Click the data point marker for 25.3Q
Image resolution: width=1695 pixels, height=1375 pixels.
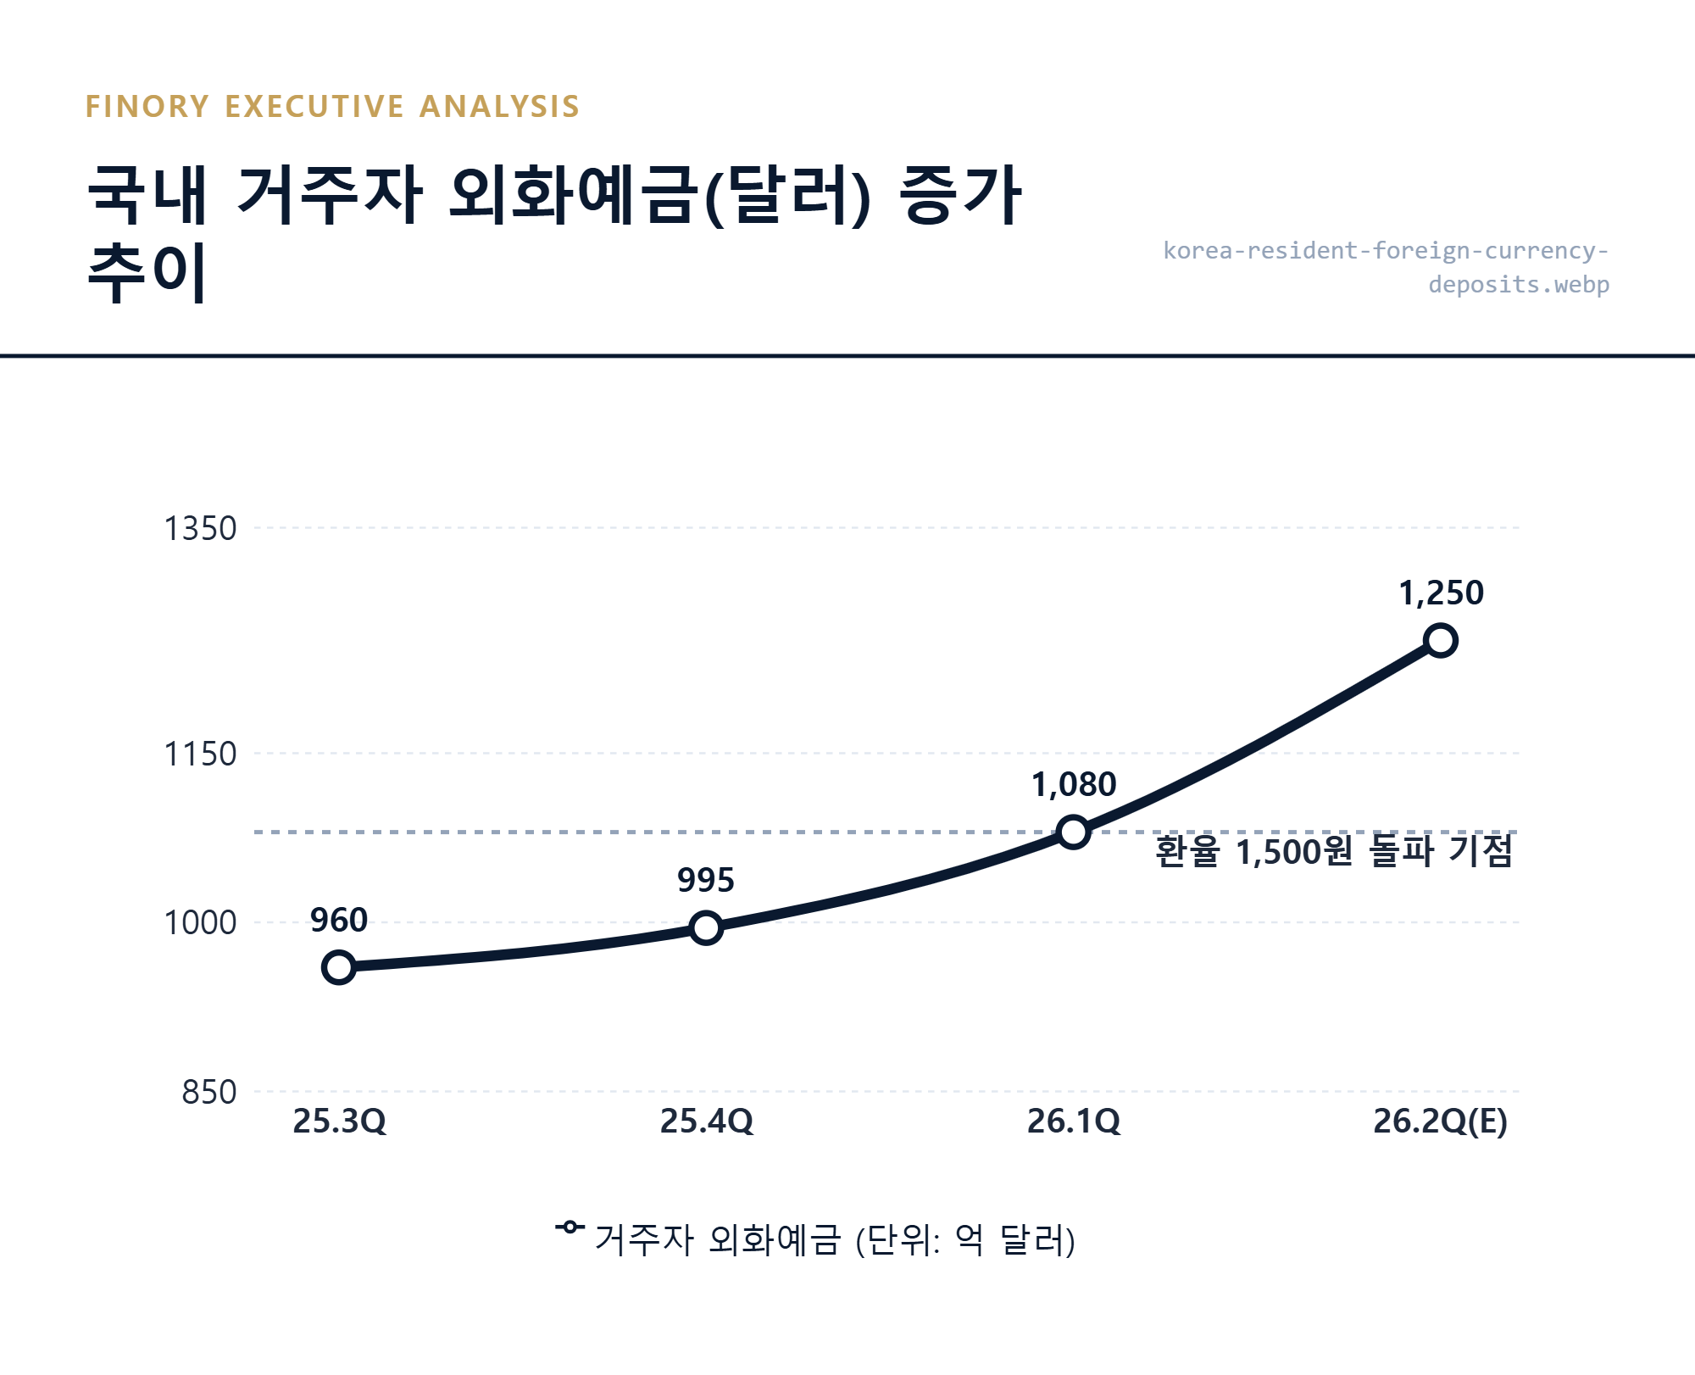339,967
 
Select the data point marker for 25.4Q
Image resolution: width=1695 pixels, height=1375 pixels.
706,927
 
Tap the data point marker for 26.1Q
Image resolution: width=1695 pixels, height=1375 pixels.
1074,832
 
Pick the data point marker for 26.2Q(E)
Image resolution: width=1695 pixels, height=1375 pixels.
1441,640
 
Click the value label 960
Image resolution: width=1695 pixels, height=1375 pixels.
339,921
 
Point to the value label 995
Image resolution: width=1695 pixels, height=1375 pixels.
706,881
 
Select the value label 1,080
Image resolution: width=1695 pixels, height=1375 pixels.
1074,785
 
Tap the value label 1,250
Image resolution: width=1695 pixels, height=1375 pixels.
1441,593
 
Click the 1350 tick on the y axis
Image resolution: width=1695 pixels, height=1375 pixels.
200,529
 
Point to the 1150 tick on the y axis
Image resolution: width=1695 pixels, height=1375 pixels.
200,754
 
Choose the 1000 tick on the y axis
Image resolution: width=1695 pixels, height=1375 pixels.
200,923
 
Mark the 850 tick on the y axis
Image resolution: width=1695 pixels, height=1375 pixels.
209,1093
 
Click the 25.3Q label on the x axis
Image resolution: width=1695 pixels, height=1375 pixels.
339,1122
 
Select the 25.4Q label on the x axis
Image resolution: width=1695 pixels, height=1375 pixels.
706,1122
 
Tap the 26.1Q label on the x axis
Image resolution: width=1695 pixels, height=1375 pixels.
1074,1122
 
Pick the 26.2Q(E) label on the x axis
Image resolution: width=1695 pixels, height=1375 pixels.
1441,1122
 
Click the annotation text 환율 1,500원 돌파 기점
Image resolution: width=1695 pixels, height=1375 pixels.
1334,851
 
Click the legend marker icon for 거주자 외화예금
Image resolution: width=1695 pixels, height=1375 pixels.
570,1227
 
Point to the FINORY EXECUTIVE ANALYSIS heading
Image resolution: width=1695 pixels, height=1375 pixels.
332,107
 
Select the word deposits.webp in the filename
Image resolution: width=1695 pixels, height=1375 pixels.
1519,284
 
